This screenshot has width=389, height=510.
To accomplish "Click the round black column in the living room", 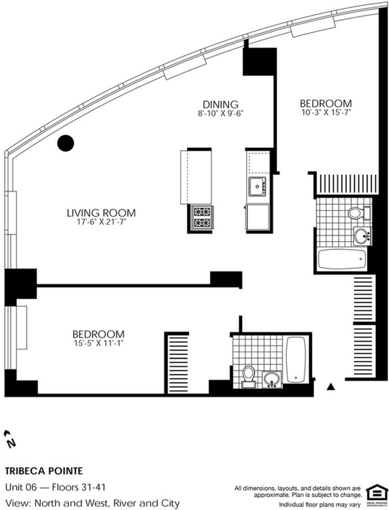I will (65, 143).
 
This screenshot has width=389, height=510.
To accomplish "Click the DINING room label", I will (220, 104).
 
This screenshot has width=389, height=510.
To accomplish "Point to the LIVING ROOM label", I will (101, 213).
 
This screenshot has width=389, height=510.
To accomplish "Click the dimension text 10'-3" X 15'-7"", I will (325, 112).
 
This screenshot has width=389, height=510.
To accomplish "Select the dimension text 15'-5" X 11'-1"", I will (98, 343).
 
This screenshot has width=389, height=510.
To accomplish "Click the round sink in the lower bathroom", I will (271, 378).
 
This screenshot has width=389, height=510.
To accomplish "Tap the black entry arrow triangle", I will (330, 386).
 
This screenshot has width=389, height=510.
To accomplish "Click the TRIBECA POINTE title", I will (44, 470).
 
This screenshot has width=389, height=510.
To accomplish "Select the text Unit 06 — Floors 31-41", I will (55, 487).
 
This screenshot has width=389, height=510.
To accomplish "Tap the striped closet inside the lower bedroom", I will (177, 363).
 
